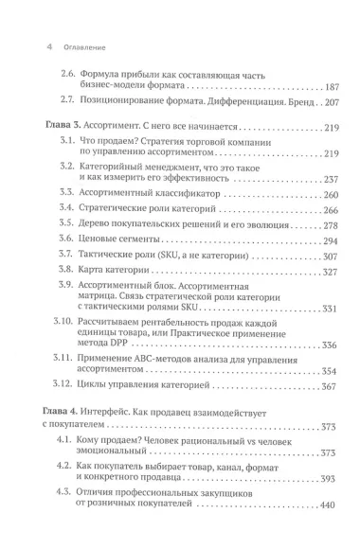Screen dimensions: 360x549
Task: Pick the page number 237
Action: (326, 179)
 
